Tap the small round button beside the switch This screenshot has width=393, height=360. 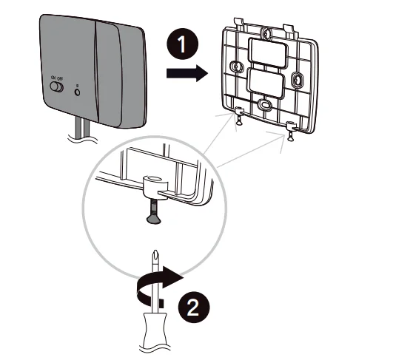[78, 92]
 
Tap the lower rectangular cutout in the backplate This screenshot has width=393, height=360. [268, 84]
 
